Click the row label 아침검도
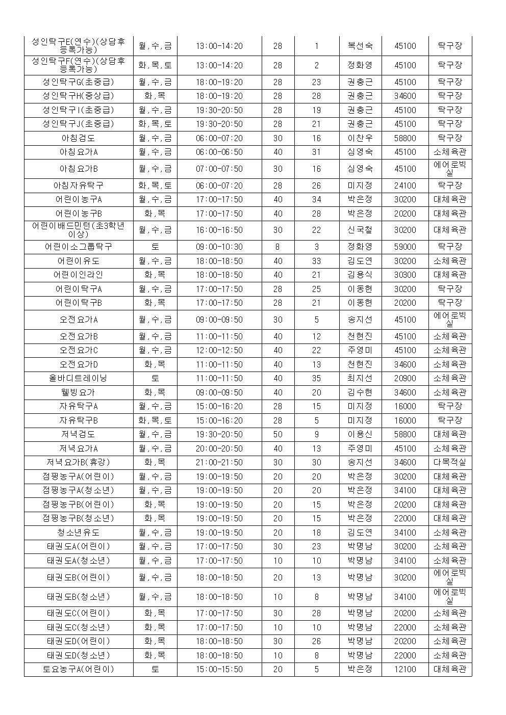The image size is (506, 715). pos(78,138)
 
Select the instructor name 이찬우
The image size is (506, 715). pos(360,138)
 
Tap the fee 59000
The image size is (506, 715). pos(405,247)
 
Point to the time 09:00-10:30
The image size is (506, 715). pos(219,247)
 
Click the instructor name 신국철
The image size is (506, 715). pos(360,230)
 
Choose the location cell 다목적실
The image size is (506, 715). pos(449,462)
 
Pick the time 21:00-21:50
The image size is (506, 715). pos(219,462)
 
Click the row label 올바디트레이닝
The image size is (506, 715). pos(78,378)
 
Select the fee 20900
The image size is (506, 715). pos(405,378)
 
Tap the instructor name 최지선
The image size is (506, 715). pos(360,378)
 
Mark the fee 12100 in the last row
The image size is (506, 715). pos(405,669)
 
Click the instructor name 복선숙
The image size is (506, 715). pos(360,46)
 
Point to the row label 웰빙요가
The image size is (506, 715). pos(78,392)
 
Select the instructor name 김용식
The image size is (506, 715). pos(360,275)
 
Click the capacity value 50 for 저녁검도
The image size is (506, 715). pos(277,434)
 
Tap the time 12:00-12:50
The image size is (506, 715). pos(219,350)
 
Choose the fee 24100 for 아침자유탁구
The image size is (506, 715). pos(405,186)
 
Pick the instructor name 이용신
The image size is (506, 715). pos(360,434)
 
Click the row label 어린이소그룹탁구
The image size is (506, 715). pos(78,247)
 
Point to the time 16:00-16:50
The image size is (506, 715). pos(219,230)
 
